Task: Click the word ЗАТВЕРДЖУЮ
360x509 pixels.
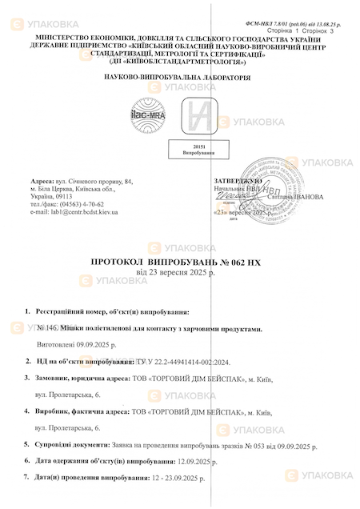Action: (238, 182)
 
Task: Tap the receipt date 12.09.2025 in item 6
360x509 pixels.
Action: (177, 461)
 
